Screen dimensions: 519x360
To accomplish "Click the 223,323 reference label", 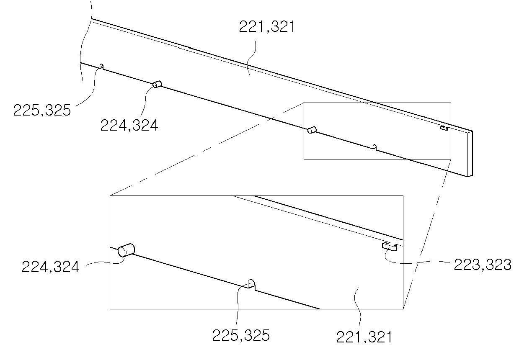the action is tap(482, 265).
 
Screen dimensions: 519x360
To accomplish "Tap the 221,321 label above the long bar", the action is tap(267, 27).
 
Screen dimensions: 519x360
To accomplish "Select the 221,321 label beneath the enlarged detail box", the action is tap(364, 337).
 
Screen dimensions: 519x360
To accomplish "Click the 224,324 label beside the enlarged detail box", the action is tap(51, 267).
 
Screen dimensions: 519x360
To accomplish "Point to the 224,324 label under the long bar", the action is tap(129, 125).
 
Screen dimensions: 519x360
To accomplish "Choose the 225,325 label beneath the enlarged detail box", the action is tap(241, 335).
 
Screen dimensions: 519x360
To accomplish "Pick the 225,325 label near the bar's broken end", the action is tap(42, 110).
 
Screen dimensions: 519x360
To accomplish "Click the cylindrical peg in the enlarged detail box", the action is tap(126, 250).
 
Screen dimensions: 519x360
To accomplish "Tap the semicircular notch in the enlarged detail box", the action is tap(251, 284).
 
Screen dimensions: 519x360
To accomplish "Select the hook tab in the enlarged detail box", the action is tap(389, 247).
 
